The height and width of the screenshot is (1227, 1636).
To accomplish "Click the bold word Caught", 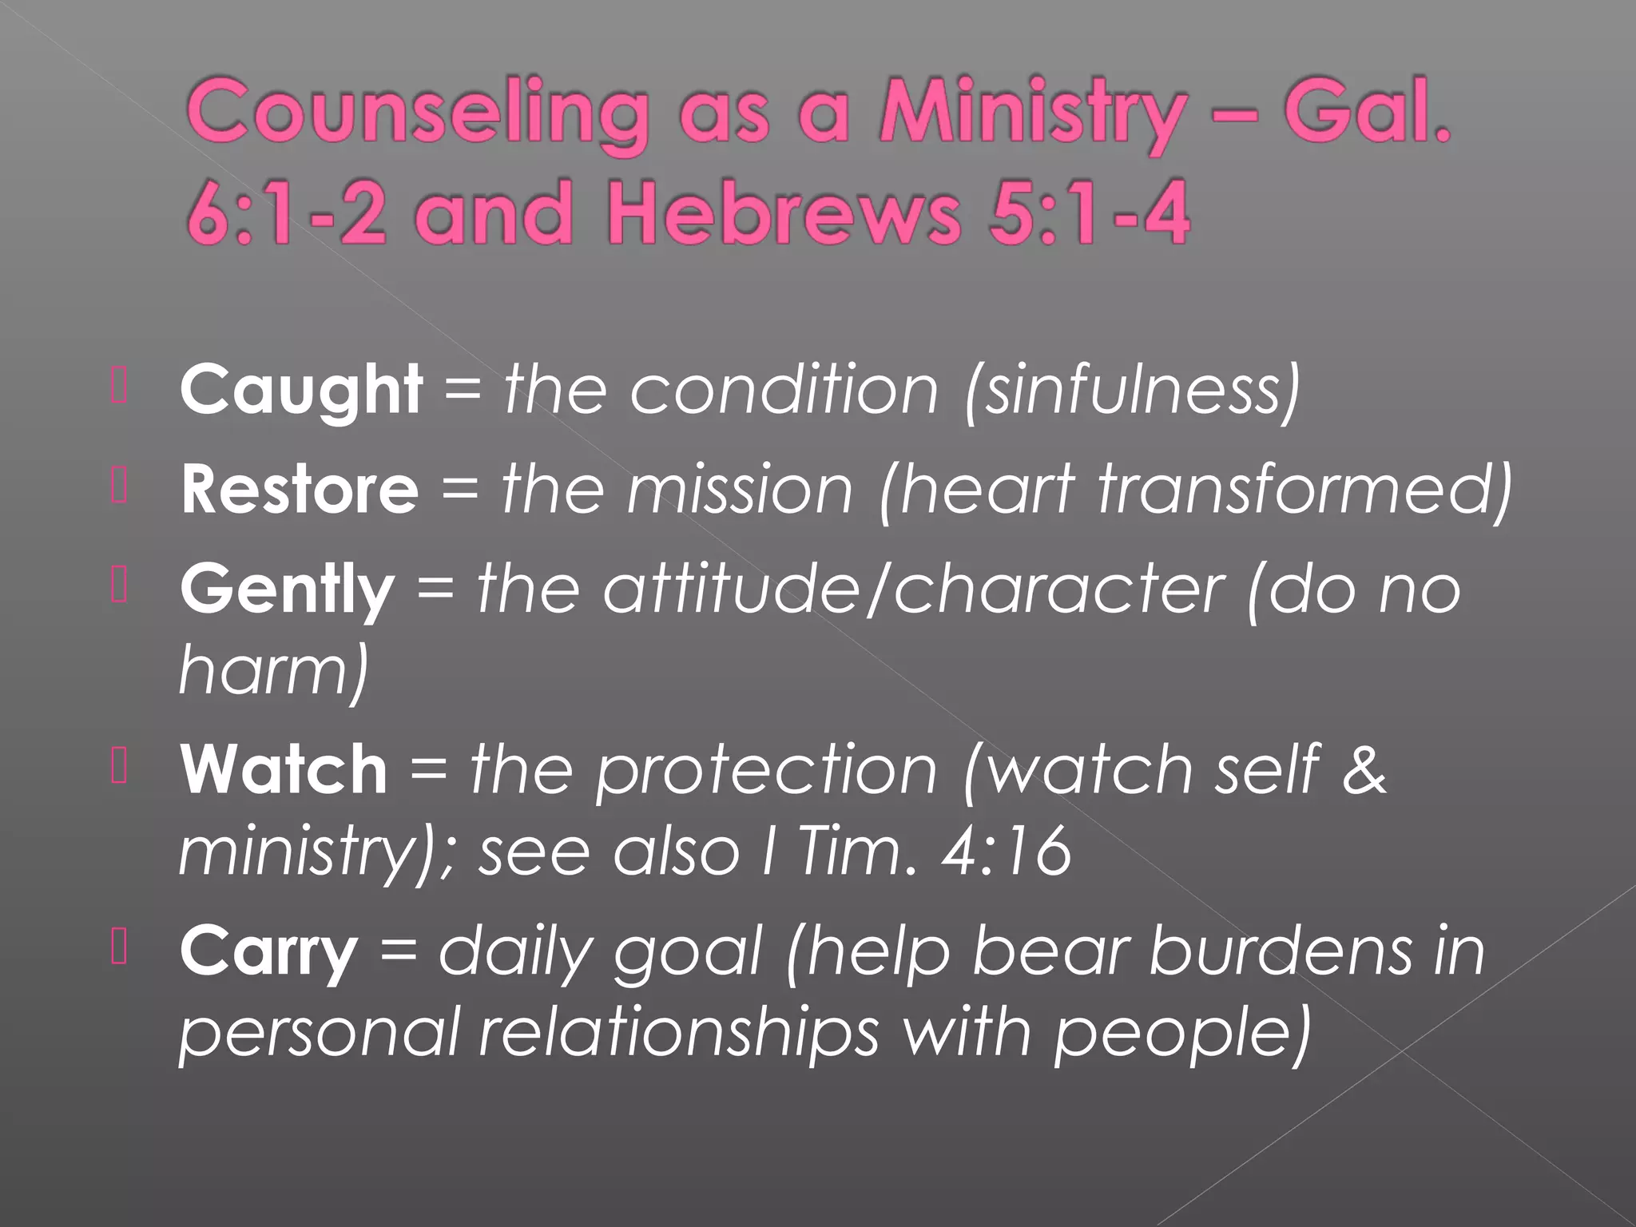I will coord(300,391).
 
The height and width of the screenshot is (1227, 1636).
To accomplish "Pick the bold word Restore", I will coord(300,490).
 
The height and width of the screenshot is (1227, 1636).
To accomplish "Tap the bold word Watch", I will coord(284,768).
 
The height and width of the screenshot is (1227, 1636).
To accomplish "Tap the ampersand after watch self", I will coord(1364,768).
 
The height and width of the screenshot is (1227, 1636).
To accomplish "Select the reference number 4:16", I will coord(1007,852).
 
